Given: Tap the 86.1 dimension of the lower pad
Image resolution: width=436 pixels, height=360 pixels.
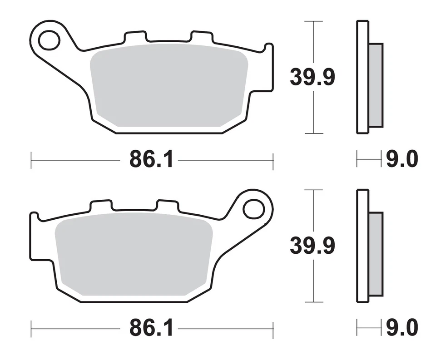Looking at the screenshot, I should tap(152, 328).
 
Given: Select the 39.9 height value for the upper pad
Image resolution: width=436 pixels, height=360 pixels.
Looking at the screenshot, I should tap(312, 78).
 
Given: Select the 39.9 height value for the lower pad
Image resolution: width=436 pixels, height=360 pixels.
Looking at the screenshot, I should tap(312, 246).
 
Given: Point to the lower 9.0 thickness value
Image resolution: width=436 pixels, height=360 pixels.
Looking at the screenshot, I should tap(402, 328).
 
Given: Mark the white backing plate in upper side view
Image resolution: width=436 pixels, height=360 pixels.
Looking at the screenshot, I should tap(362, 77).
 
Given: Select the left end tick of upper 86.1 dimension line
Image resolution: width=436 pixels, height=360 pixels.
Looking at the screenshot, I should tap(31, 160).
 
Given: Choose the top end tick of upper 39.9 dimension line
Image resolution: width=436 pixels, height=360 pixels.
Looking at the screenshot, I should tap(313, 21).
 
